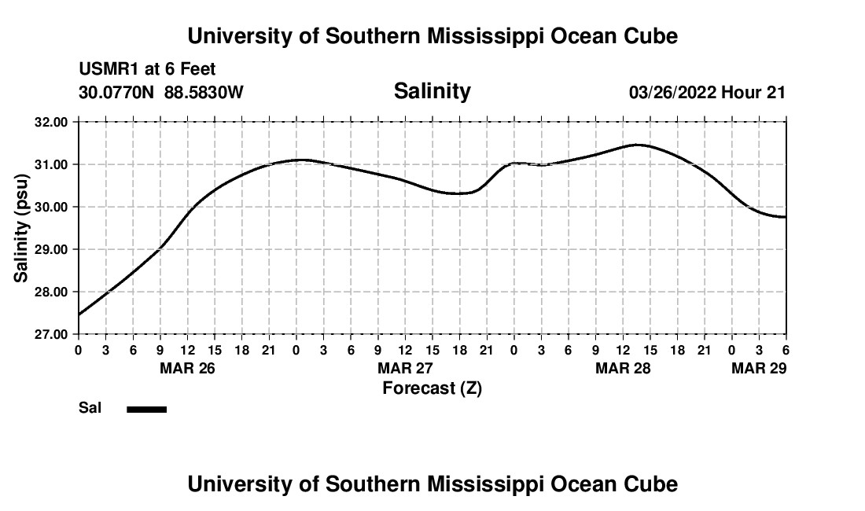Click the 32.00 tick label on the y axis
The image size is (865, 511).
tap(52, 122)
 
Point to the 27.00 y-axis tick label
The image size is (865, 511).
tap(52, 334)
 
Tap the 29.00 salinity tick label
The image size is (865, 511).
tap(52, 249)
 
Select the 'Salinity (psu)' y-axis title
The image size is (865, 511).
tap(21, 228)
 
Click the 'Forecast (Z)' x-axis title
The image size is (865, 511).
tap(432, 388)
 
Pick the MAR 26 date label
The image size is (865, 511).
tap(187, 368)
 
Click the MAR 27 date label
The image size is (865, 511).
tap(405, 368)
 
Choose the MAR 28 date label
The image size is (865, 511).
tap(623, 368)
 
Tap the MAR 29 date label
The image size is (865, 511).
tap(759, 368)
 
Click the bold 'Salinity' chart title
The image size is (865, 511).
tap(432, 91)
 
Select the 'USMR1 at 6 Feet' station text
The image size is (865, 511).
tap(147, 70)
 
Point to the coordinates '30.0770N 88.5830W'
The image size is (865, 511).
tap(161, 93)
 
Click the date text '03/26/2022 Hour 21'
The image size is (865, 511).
tap(707, 93)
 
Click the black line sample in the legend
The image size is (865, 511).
tap(147, 409)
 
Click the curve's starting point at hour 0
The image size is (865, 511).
tap(79, 314)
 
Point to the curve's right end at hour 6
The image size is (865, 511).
tap(785, 217)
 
